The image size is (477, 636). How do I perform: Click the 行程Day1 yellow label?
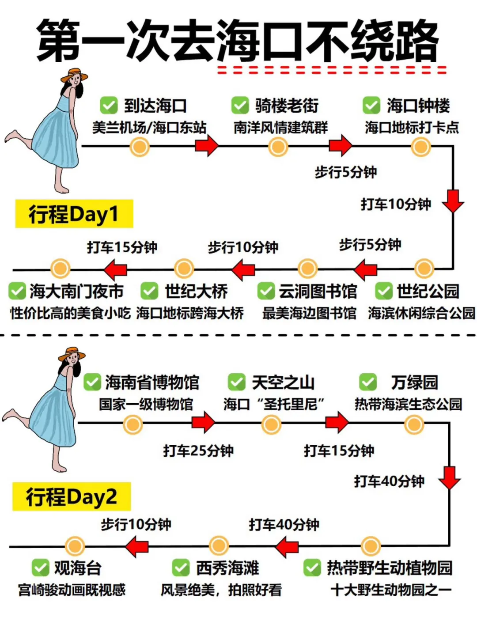[x=74, y=214]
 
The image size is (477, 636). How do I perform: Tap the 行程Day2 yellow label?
[x=72, y=497]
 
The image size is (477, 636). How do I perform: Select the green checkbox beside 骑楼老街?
[x=240, y=106]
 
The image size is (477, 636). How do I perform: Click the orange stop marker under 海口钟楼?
[x=420, y=147]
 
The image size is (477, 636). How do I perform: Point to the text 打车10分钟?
[x=396, y=204]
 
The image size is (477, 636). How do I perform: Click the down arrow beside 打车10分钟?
[x=453, y=201]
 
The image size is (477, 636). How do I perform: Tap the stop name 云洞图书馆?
[x=318, y=291]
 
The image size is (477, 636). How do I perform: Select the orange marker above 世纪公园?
[x=424, y=268]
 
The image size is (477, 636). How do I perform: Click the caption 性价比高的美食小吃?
[x=70, y=313]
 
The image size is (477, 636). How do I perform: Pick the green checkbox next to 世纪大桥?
[x=149, y=291]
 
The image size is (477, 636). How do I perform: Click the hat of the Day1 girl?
[x=74, y=75]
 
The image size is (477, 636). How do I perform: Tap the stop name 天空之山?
[x=283, y=382]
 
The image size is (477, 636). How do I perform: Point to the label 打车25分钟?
[x=198, y=450]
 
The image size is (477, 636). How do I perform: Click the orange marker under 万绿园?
[x=414, y=424]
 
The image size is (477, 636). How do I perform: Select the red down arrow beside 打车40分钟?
[x=450, y=478]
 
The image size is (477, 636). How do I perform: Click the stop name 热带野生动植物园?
[x=389, y=568]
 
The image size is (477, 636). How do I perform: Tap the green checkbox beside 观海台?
[x=41, y=568]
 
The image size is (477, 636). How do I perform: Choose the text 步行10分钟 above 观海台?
[x=136, y=524]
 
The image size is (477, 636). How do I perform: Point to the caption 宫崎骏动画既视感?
[x=72, y=590]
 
